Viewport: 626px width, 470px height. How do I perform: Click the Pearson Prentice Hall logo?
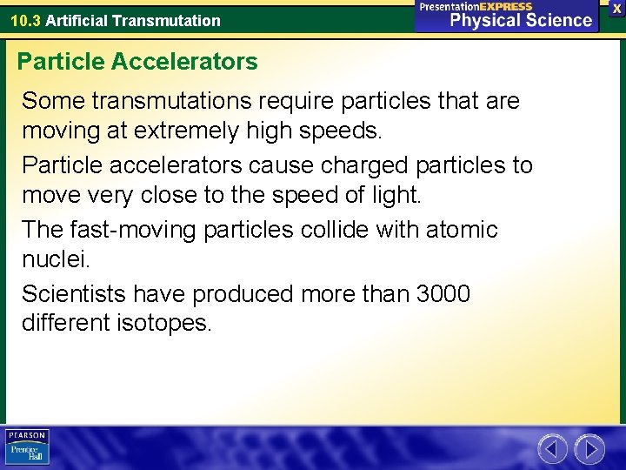pos(27,446)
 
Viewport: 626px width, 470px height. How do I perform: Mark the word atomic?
pos(462,230)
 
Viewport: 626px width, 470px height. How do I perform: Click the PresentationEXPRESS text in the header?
pos(476,6)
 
